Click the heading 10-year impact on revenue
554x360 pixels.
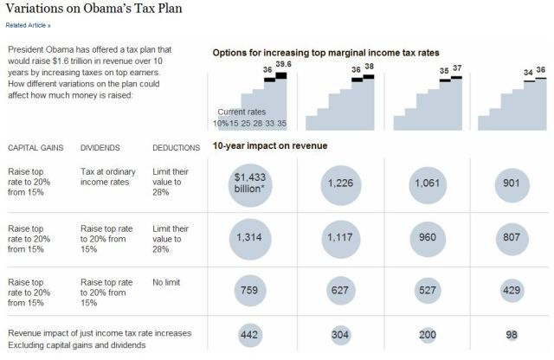coord(270,145)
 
